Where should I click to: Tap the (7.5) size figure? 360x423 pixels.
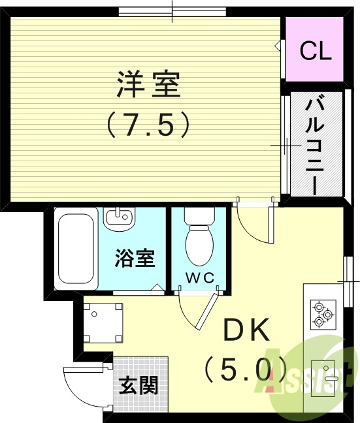point(148,123)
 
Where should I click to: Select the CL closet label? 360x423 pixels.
point(315,51)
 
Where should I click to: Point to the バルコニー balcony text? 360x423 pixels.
point(316,144)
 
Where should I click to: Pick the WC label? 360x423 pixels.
point(199,277)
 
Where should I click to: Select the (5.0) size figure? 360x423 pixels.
point(246,371)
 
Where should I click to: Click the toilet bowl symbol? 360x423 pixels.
point(199,240)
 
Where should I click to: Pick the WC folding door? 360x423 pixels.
point(199,309)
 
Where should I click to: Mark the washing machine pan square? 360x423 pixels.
point(103,322)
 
